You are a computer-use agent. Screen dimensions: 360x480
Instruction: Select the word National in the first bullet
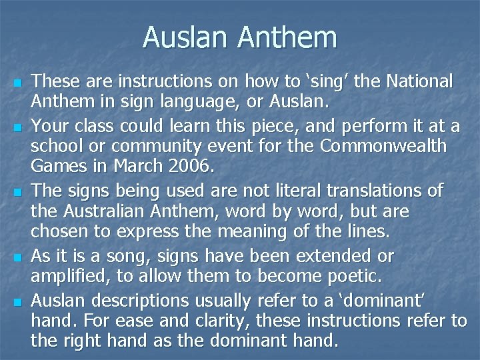(416, 82)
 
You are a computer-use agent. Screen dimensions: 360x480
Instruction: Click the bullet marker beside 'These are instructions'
(17, 83)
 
